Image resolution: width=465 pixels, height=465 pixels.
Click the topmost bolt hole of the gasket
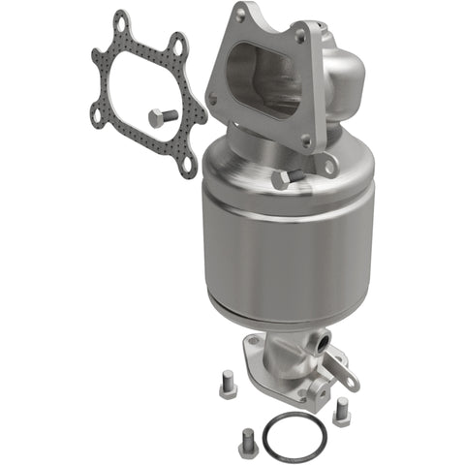[119, 18]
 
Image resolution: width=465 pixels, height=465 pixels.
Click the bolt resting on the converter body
[280, 180]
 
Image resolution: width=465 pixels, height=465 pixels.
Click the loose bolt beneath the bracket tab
[340, 412]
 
